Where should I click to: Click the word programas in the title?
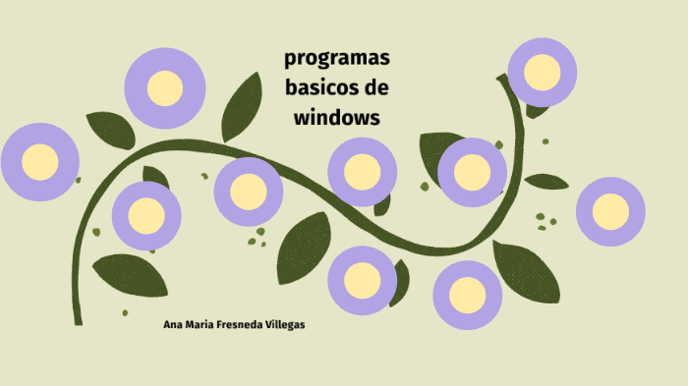[336, 58]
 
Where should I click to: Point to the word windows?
[336, 117]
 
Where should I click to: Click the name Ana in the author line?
[173, 324]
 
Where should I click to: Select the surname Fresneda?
[249, 324]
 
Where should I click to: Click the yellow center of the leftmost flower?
[40, 162]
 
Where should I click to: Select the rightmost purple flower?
[610, 211]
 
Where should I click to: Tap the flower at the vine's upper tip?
[543, 72]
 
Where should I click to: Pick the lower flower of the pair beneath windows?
[362, 280]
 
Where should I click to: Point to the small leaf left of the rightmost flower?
[546, 182]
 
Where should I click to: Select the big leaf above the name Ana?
[129, 275]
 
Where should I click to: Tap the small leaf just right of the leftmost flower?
[110, 129]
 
